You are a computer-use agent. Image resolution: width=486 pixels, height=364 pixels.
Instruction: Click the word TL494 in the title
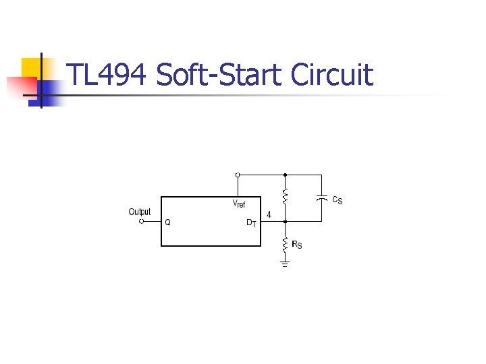tap(107, 75)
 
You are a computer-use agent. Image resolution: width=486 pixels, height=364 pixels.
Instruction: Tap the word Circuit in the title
tap(331, 75)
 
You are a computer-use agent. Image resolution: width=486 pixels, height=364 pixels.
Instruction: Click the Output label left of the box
tap(140, 212)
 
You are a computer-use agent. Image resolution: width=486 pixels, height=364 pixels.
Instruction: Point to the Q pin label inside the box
tap(168, 221)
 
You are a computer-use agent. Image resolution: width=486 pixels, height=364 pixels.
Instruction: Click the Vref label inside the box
tap(239, 203)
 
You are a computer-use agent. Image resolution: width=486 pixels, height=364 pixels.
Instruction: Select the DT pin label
tap(250, 222)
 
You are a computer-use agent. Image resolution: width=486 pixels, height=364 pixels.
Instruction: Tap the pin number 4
tap(269, 214)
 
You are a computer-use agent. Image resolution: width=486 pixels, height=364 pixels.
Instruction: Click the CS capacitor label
tap(337, 200)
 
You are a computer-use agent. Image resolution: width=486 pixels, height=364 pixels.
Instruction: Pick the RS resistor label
tap(297, 244)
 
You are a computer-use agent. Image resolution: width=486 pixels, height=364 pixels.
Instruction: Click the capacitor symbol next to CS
tap(322, 198)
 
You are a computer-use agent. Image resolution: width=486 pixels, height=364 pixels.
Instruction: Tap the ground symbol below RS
tap(285, 264)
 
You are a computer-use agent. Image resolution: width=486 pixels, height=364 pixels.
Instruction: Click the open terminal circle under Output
tap(140, 220)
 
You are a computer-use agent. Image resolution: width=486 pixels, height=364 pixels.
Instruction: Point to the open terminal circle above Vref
tap(237, 175)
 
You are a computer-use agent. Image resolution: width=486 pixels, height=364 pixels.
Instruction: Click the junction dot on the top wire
tap(285, 175)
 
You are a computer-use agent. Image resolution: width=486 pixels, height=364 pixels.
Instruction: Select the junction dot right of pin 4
tap(285, 220)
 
